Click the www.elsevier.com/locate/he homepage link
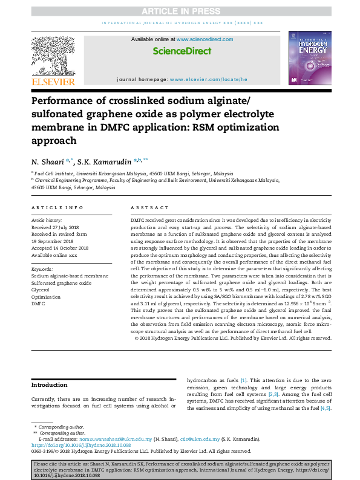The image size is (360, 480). pos(209,79)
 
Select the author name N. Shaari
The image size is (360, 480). pos(49,161)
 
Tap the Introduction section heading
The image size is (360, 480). pos(50,384)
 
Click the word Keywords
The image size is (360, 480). pos(42,268)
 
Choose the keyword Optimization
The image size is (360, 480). pos(46,297)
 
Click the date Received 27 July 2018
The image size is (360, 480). pos(58,227)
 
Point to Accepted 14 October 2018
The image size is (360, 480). pos(60,248)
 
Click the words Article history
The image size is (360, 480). pos(46,220)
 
